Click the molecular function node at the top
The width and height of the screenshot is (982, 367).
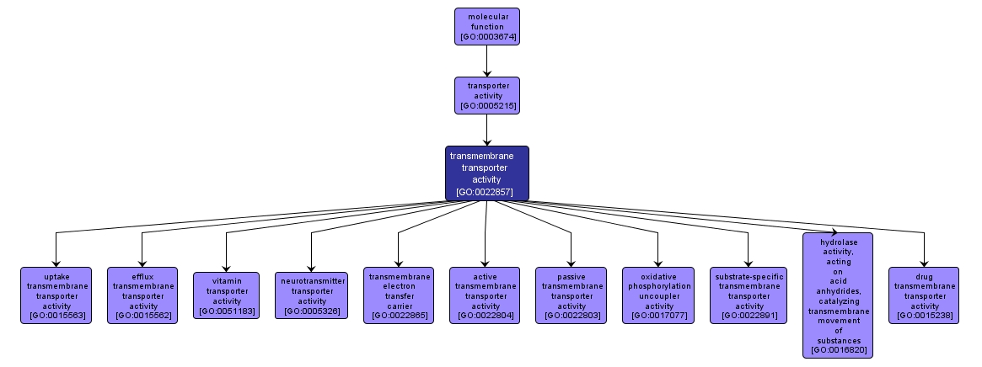[487, 26]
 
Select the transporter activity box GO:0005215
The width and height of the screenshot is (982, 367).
[487, 95]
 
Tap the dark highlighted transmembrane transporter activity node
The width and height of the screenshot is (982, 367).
[487, 173]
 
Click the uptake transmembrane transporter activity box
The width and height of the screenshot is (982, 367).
[56, 295]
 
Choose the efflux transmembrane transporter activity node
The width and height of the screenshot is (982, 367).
[142, 295]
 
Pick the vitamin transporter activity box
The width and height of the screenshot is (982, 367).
[227, 295]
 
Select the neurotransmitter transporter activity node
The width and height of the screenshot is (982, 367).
[312, 295]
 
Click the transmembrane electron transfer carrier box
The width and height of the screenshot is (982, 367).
[399, 295]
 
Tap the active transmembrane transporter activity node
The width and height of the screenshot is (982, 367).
[485, 295]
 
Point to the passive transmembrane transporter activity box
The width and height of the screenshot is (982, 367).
[571, 295]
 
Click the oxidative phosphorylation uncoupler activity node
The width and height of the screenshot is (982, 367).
[657, 295]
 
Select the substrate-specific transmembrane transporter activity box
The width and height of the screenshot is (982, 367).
[749, 295]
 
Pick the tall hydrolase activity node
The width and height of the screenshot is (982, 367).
[837, 295]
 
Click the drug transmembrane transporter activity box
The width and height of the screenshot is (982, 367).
[924, 295]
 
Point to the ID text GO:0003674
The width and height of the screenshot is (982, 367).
[487, 37]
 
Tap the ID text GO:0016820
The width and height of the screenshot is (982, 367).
[837, 349]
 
